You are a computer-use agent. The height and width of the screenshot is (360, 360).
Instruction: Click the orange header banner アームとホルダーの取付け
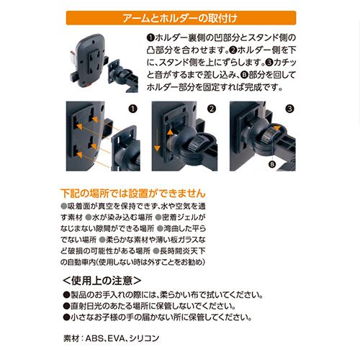tap(181, 18)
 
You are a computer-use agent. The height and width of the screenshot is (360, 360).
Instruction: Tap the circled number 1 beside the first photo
tap(132, 109)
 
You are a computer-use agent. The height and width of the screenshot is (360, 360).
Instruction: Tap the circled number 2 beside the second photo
tap(211, 109)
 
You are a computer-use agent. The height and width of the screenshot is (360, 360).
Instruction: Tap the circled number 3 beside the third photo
tap(289, 109)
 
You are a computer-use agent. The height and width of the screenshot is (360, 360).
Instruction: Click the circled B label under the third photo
tap(272, 164)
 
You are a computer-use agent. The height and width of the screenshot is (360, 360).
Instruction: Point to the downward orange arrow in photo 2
tap(157, 139)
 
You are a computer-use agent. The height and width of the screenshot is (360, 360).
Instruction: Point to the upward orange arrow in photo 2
tap(170, 142)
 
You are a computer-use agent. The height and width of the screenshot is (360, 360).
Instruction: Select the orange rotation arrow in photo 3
tap(275, 127)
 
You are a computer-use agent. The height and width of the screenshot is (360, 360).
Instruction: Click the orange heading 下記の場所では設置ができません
tap(133, 193)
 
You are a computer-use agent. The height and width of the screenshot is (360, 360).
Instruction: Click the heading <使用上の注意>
tap(102, 281)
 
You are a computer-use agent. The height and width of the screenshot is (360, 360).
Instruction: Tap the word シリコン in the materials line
tap(144, 338)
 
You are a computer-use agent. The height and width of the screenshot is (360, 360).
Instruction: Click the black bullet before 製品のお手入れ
tap(66, 295)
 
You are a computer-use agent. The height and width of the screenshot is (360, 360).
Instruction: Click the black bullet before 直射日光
tap(66, 306)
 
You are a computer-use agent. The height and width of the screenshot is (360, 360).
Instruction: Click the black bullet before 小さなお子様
tap(66, 318)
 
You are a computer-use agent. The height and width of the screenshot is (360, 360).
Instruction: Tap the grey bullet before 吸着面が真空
tap(63, 206)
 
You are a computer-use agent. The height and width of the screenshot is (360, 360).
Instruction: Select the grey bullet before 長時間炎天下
tap(156, 251)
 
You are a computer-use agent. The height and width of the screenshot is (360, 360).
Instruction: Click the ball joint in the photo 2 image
tap(182, 142)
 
